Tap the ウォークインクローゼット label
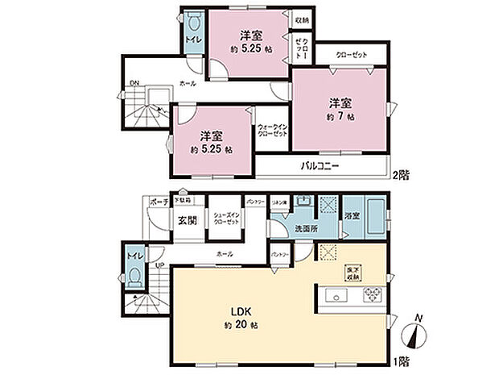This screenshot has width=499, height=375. pyautogui.click(x=273, y=131)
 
